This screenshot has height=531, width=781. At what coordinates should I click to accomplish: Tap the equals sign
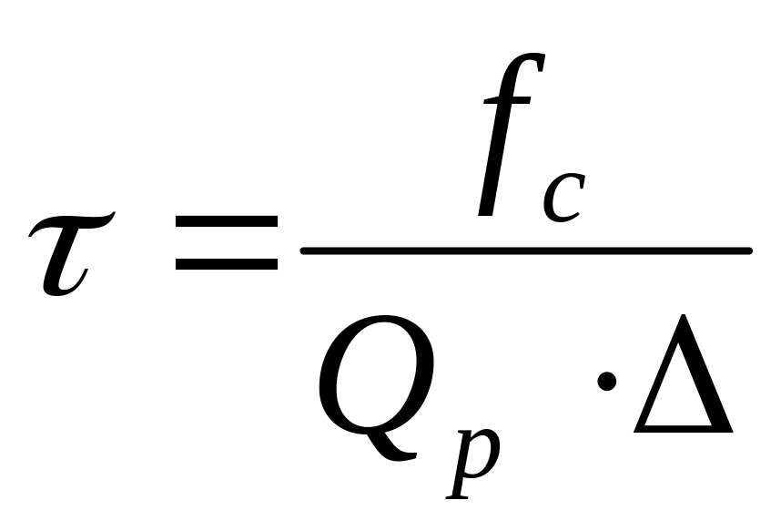[227, 243]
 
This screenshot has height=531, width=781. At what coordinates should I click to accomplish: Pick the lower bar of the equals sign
[227, 264]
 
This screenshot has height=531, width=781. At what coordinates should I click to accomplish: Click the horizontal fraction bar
[526, 249]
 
